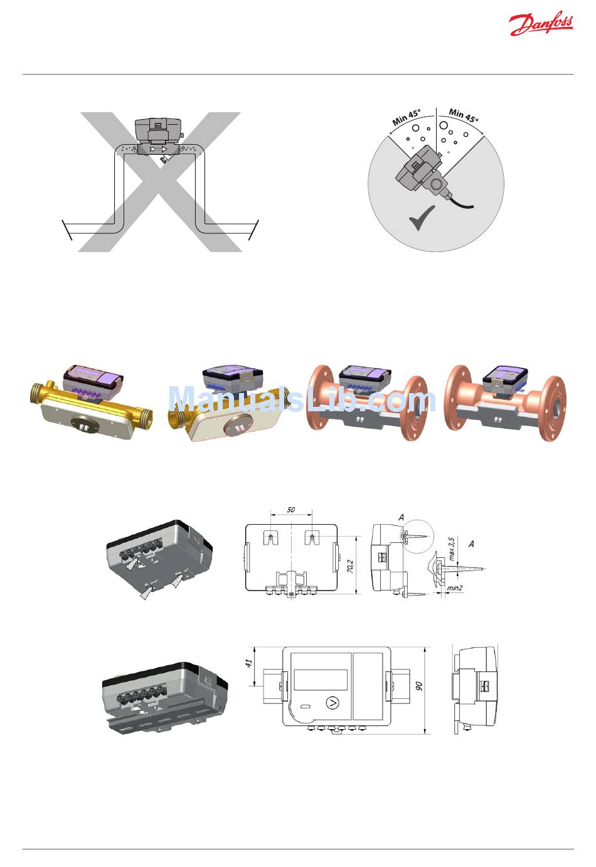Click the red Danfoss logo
tap(541, 24)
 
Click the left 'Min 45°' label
tap(407, 117)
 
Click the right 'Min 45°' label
tap(464, 115)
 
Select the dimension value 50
tap(291, 510)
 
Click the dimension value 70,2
tap(350, 566)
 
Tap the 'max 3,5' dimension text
tap(452, 549)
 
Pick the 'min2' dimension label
tap(455, 588)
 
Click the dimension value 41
tap(249, 663)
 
